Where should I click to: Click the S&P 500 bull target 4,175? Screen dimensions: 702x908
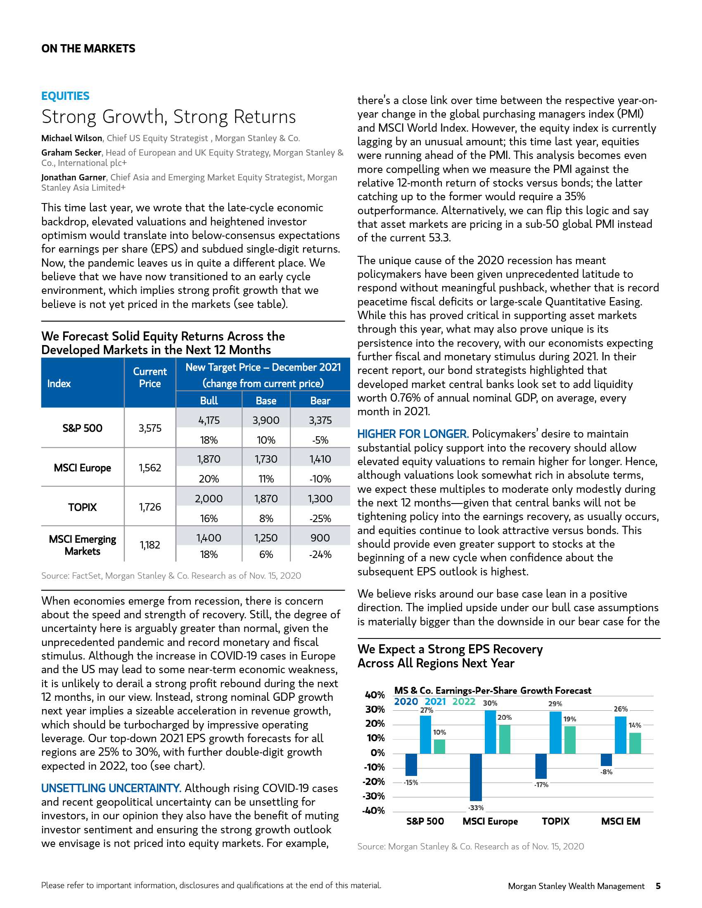209,420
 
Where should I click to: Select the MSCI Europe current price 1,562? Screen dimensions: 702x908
150,468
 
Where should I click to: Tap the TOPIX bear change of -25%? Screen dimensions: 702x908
320,518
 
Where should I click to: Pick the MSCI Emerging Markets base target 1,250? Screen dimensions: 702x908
266,538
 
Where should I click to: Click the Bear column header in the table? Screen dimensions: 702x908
320,400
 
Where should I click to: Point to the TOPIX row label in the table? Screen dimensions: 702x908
82,507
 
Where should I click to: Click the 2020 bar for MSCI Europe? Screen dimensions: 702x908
476,778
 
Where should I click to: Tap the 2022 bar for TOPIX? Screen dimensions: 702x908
570,740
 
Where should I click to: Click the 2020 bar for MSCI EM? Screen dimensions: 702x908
606,759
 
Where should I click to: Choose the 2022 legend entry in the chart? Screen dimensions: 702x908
464,702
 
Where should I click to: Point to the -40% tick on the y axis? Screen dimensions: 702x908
373,811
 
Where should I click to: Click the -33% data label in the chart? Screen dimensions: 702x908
476,807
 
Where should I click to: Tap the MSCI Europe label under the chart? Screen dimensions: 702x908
490,821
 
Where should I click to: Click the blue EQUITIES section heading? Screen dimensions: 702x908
65,96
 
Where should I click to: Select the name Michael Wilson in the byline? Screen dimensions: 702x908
71,138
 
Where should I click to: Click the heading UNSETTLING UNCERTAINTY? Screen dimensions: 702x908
111,788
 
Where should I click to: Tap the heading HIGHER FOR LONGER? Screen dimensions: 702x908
413,434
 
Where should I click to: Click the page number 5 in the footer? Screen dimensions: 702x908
658,886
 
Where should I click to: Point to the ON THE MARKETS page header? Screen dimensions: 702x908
88,49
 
